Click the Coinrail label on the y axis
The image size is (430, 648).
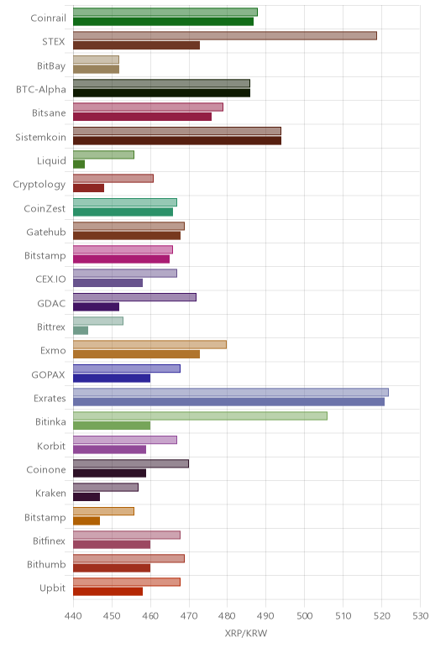(x=48, y=18)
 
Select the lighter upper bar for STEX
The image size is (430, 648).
(x=225, y=35)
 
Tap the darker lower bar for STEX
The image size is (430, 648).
(x=136, y=45)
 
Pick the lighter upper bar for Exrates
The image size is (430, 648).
(x=231, y=392)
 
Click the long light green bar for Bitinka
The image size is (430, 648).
(x=200, y=415)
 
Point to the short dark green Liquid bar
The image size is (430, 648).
(x=79, y=164)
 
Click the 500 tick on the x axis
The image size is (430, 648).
(x=304, y=616)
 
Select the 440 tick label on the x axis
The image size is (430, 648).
(x=73, y=616)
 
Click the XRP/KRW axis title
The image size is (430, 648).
(x=246, y=633)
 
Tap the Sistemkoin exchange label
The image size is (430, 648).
(x=40, y=137)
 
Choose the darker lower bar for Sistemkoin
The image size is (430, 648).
(x=177, y=140)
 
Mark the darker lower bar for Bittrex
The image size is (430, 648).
(x=81, y=331)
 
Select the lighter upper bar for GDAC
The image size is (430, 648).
(x=134, y=297)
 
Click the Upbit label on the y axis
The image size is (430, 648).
(x=53, y=588)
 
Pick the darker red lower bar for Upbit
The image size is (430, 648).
(x=107, y=592)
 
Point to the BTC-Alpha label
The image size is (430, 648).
(x=41, y=89)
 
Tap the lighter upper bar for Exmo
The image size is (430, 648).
(x=149, y=345)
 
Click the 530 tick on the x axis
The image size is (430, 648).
(x=420, y=616)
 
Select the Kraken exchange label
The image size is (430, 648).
(x=50, y=493)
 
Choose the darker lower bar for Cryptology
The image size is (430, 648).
(x=88, y=188)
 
